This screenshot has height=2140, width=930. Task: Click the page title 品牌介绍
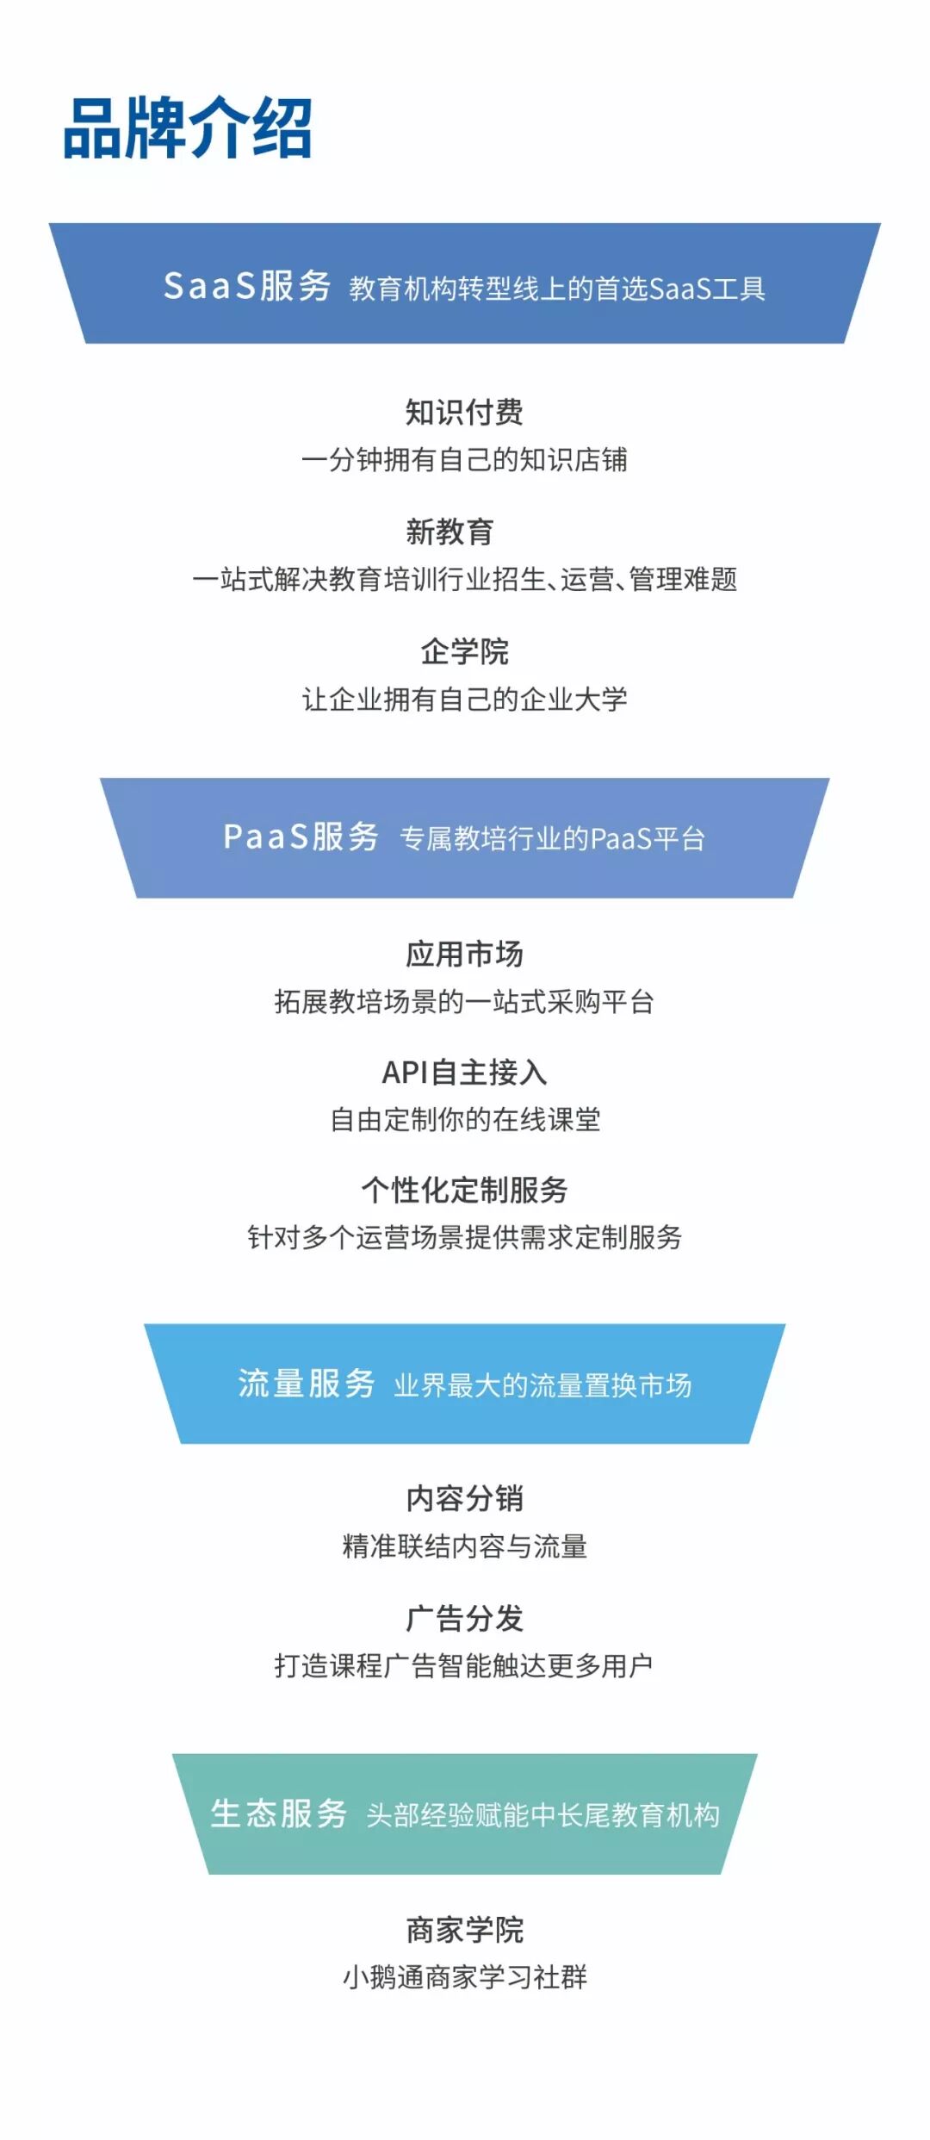(188, 128)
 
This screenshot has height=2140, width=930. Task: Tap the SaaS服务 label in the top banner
(247, 286)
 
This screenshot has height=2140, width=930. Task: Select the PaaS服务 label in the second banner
(301, 837)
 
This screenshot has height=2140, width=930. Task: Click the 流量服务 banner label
(307, 1383)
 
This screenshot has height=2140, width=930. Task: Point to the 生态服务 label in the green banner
(279, 1813)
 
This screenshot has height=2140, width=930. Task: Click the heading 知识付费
(464, 412)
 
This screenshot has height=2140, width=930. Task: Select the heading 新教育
(449, 532)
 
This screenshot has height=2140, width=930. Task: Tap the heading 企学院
(464, 651)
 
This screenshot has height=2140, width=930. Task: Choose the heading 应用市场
(464, 954)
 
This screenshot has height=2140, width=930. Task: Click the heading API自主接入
(464, 1072)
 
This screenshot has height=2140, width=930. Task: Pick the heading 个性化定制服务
(464, 1190)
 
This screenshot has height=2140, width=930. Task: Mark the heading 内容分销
(464, 1498)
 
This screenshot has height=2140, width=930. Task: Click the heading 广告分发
(464, 1618)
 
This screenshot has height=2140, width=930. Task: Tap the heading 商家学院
(464, 1930)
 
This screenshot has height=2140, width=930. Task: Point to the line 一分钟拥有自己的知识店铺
(464, 459)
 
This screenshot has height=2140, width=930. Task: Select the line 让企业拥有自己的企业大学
(464, 699)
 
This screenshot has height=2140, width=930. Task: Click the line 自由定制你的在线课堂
(464, 1119)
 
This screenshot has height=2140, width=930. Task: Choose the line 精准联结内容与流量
(464, 1546)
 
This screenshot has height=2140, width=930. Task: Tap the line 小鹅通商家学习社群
(464, 1977)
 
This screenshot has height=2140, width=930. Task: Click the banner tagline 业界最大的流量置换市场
(542, 1385)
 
